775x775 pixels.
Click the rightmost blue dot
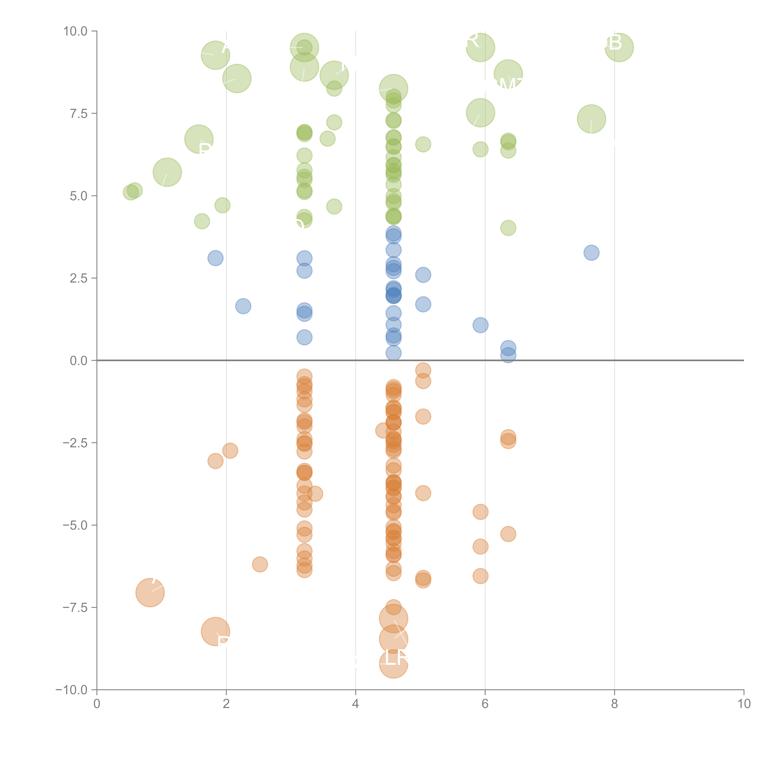click(x=591, y=253)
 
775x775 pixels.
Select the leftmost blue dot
click(x=215, y=258)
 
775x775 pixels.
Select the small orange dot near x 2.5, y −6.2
click(x=260, y=564)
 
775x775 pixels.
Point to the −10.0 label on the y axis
click(x=71, y=690)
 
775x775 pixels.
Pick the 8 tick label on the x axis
click(x=615, y=704)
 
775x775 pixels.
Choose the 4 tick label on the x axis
click(x=355, y=704)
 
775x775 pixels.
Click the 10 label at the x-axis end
click(x=744, y=704)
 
